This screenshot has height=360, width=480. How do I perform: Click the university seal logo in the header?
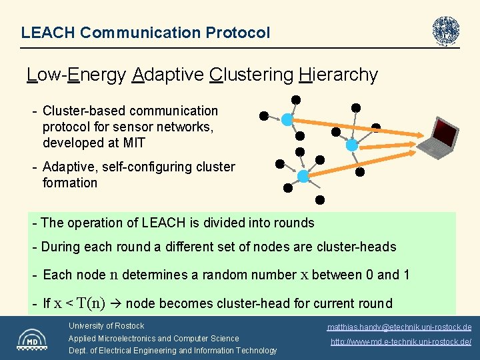(x=445, y=31)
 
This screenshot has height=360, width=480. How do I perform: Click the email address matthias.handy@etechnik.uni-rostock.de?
(x=399, y=327)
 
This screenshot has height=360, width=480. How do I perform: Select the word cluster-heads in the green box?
(x=357, y=247)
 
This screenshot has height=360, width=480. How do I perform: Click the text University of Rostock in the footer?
(x=106, y=326)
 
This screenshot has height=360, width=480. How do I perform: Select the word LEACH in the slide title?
(x=43, y=32)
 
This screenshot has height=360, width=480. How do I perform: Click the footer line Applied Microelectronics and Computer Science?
(x=153, y=338)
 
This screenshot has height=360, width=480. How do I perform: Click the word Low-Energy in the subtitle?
(x=77, y=75)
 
